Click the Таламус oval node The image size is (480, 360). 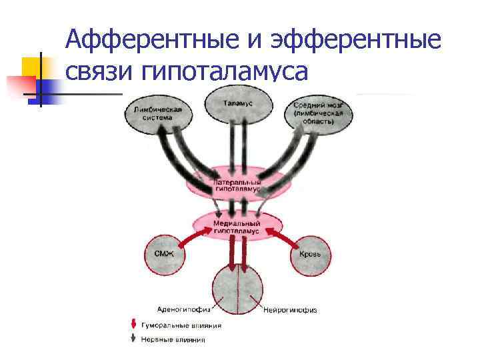(x=238, y=104)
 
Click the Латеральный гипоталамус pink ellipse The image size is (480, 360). (x=238, y=183)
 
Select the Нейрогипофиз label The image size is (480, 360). (x=290, y=310)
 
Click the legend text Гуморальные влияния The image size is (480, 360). (x=180, y=325)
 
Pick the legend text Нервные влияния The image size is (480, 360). (x=172, y=339)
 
